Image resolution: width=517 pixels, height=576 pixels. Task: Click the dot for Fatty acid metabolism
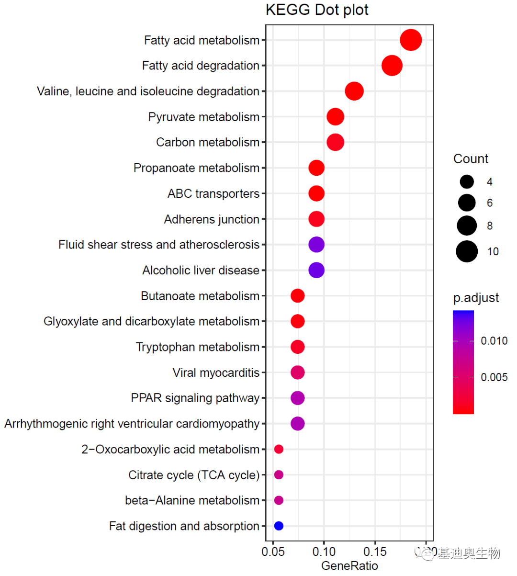point(411,40)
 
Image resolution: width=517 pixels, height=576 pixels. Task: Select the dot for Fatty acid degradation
point(392,66)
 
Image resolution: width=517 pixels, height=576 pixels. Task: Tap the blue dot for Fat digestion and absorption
point(279,526)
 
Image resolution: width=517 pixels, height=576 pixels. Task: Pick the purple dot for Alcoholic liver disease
point(316,270)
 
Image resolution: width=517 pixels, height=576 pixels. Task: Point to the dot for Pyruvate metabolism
point(335,117)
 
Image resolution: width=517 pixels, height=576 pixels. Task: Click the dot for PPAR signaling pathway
point(297,398)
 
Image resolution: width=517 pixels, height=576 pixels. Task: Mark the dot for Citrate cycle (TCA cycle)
point(279,475)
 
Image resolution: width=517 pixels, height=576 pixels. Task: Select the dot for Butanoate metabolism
point(297,296)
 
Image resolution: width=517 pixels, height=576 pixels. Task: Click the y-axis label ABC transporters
point(214,193)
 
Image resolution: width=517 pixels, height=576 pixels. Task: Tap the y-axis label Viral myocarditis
point(216,373)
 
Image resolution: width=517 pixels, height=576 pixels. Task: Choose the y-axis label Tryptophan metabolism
point(198,347)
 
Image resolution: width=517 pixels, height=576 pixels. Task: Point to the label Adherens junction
point(212,219)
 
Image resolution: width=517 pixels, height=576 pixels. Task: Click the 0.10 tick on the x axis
point(324,552)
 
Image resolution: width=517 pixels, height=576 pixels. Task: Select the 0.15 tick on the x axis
point(375,552)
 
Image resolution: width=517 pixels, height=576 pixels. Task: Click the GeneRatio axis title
point(349,565)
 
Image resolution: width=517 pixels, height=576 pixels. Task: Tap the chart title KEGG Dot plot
point(317,10)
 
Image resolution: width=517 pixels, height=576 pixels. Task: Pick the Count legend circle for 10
point(467,251)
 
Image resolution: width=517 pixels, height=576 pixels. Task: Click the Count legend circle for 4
point(467,181)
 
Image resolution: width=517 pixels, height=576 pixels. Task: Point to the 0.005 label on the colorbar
point(494,377)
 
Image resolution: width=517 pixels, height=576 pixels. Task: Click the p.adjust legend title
point(476,298)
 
